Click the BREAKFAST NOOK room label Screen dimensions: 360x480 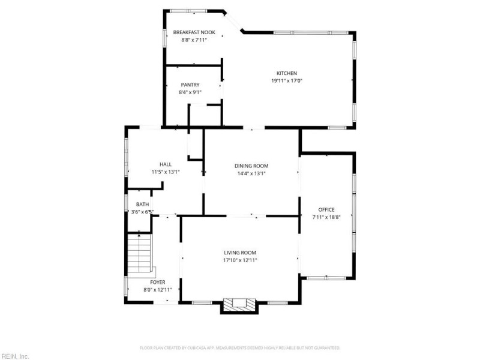(194, 32)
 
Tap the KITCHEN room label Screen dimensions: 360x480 (286, 73)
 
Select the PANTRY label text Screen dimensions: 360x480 (190, 85)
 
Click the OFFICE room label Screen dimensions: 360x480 (326, 209)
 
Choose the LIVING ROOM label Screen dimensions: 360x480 (240, 253)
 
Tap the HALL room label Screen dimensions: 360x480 (166, 164)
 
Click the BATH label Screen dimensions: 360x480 (142, 205)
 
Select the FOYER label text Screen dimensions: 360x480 (158, 282)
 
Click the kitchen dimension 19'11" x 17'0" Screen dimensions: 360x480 (286, 81)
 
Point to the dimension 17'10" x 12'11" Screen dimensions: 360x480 (240, 260)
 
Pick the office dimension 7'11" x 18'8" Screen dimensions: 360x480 (326, 217)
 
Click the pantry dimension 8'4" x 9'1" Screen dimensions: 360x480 (190, 92)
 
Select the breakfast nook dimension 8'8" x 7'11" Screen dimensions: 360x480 (194, 40)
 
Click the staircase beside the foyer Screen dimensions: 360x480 (140, 254)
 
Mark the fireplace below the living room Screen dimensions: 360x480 (240, 305)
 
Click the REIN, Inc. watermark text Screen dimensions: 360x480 (15, 356)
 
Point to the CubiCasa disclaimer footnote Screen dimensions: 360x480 (240, 347)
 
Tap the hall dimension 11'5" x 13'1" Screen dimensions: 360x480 (166, 172)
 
